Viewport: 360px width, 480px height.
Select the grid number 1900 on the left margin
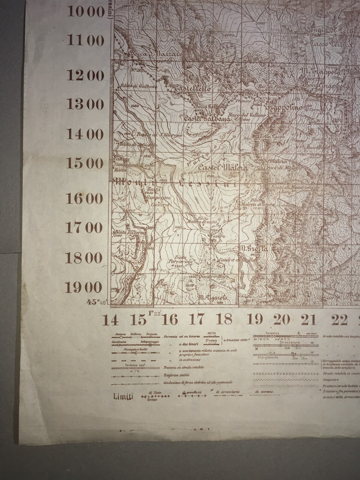pos(84,288)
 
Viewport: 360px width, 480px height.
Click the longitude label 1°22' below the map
pos(155,314)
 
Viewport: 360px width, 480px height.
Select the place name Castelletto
pos(192,88)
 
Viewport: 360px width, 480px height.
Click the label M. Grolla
pos(253,248)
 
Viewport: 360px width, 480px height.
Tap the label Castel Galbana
pos(207,119)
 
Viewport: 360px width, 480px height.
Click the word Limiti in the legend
pos(123,397)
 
